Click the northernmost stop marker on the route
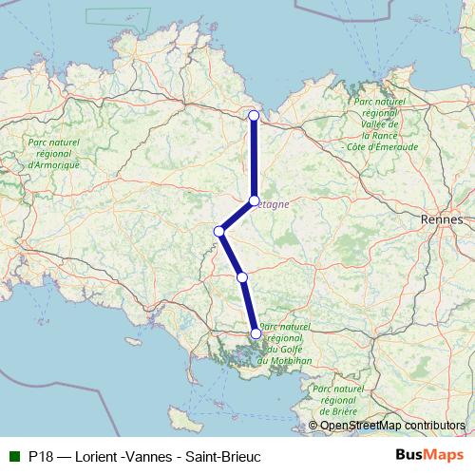[254, 116]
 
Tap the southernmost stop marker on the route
[256, 333]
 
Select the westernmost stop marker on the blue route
[219, 231]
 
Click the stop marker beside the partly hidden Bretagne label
[255, 199]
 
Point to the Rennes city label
[441, 219]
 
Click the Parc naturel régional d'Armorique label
[52, 153]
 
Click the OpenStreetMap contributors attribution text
[392, 426]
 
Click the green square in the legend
[13, 456]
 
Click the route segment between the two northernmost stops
[254, 158]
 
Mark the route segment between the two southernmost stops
[249, 306]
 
